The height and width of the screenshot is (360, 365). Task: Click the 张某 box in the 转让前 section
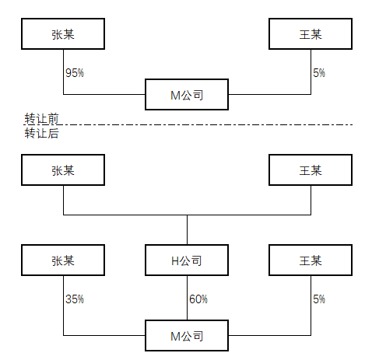tap(63, 33)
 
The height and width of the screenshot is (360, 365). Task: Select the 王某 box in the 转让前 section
tap(311, 33)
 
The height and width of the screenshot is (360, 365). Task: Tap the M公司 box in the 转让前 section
tap(187, 95)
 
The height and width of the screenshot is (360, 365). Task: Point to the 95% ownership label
tap(75, 73)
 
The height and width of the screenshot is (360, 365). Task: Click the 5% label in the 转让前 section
tap(319, 73)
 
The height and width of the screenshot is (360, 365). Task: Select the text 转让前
tap(42, 118)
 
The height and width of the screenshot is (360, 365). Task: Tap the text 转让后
tap(42, 133)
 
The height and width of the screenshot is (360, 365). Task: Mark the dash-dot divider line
tap(188, 124)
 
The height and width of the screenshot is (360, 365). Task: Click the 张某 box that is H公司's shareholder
tap(63, 170)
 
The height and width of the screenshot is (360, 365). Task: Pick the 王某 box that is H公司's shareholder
tap(311, 170)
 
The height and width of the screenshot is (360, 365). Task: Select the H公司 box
tap(187, 260)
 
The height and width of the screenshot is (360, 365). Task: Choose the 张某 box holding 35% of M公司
tap(63, 260)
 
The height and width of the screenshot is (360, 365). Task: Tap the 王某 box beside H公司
tap(311, 260)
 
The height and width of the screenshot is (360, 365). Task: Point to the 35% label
tap(75, 299)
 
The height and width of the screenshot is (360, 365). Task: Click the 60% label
tap(198, 299)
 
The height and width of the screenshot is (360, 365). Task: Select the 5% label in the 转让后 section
tap(319, 299)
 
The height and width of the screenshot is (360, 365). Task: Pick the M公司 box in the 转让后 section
tap(187, 336)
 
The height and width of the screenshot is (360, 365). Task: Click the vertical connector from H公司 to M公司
tap(187, 298)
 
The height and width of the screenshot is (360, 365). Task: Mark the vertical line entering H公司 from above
tap(187, 229)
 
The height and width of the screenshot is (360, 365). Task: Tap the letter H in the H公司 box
tap(175, 261)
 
